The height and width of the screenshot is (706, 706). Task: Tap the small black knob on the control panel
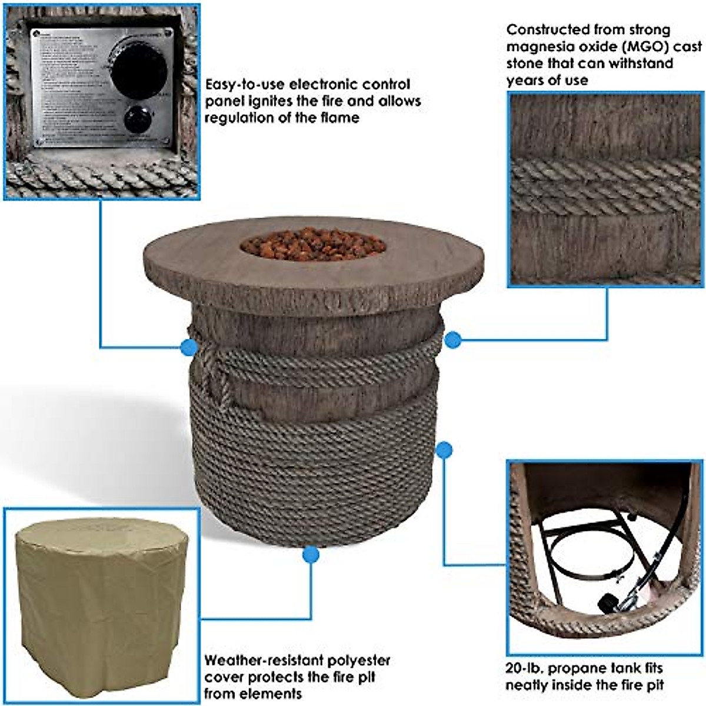tap(138, 121)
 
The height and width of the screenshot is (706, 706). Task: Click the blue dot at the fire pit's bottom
tap(311, 554)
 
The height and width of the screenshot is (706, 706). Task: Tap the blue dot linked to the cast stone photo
tap(452, 339)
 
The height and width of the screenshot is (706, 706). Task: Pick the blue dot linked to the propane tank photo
tap(445, 451)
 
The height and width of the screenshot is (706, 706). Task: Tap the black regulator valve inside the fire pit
tap(605, 604)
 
